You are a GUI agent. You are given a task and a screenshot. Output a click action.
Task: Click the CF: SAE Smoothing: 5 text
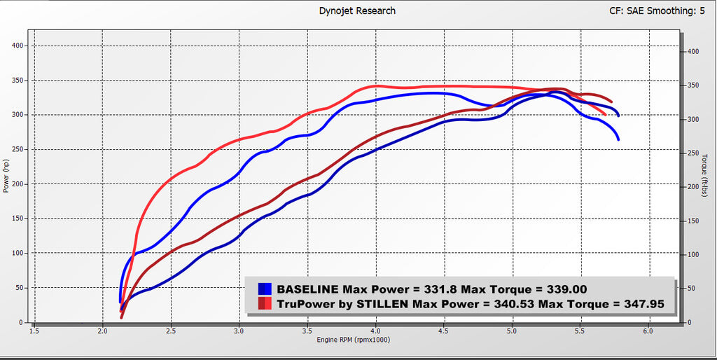pos(657,11)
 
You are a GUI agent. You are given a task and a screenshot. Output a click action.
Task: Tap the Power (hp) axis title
pos(6,174)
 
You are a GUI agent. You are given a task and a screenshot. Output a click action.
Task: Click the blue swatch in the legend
pos(265,289)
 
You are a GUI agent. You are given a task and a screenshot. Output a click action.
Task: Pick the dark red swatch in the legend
pos(265,303)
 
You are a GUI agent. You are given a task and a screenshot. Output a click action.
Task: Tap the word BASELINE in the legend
pos(307,289)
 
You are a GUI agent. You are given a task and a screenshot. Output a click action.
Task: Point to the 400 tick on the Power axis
pos(19,46)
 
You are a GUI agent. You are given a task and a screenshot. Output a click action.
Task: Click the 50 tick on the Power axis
pos(21,288)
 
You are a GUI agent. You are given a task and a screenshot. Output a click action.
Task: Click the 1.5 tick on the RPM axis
pos(34,331)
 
